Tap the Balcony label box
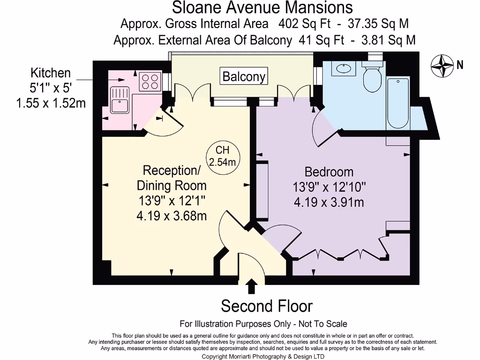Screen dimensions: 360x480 pos(244,76)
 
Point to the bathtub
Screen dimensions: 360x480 pos(397,103)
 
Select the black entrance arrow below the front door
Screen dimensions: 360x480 pos(252,286)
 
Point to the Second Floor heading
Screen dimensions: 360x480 pos(266,306)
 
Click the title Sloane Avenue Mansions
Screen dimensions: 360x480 pos(262,7)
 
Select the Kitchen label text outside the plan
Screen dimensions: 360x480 pos(51,73)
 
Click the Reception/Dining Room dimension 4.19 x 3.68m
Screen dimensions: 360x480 pos(172,217)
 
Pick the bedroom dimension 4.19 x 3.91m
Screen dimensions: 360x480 pos(329,202)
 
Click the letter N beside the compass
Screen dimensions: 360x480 pos(460,65)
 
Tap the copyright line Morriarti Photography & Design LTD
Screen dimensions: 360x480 pos(263,356)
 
